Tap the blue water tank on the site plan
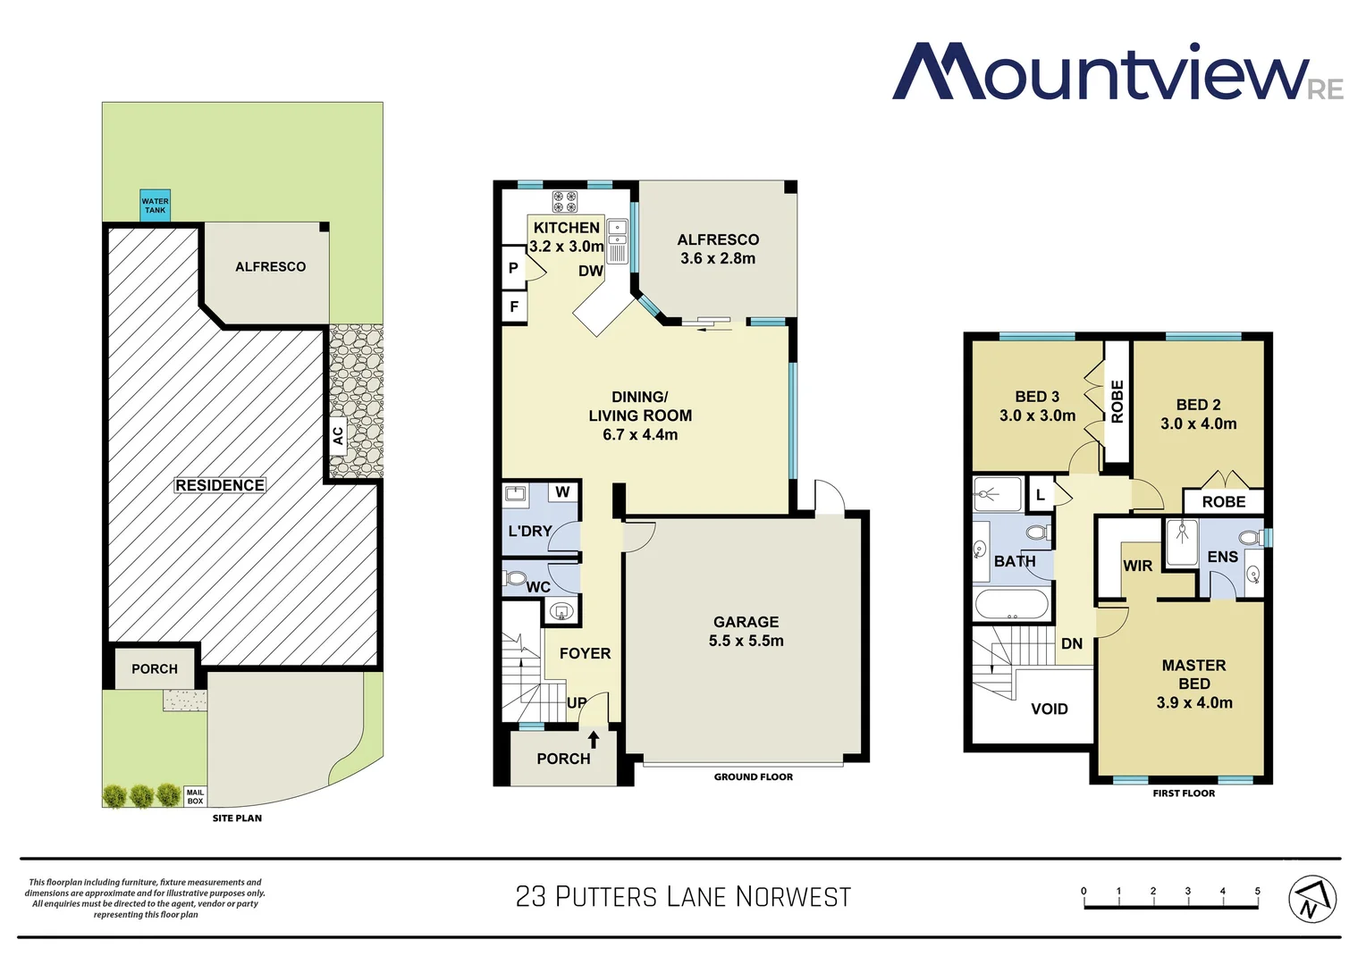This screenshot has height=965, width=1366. pyautogui.click(x=155, y=206)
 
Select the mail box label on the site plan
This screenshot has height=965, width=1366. pyautogui.click(x=195, y=797)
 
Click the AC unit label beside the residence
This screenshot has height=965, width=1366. pyautogui.click(x=338, y=436)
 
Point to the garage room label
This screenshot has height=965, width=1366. pyautogui.click(x=746, y=622)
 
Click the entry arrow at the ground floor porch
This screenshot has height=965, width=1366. pyautogui.click(x=594, y=740)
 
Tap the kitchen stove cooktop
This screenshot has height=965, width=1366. pyautogui.click(x=564, y=201)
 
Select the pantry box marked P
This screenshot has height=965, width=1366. pyautogui.click(x=513, y=267)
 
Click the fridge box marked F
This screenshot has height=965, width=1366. pyautogui.click(x=514, y=306)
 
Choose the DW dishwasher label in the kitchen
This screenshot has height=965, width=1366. pyautogui.click(x=590, y=271)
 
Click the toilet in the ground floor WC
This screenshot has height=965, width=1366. pyautogui.click(x=515, y=578)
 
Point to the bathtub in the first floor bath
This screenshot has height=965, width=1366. pyautogui.click(x=1011, y=605)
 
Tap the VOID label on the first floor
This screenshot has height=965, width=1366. pyautogui.click(x=1049, y=709)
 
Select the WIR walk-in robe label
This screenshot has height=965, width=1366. pyautogui.click(x=1137, y=566)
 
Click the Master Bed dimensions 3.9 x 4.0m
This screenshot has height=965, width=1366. pyautogui.click(x=1193, y=703)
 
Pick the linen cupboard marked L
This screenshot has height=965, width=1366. pyautogui.click(x=1040, y=495)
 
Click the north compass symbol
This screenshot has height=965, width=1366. pyautogui.click(x=1311, y=899)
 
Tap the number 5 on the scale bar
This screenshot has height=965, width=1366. pyautogui.click(x=1257, y=891)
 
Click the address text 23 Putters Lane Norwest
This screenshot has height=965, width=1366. pyautogui.click(x=683, y=897)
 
